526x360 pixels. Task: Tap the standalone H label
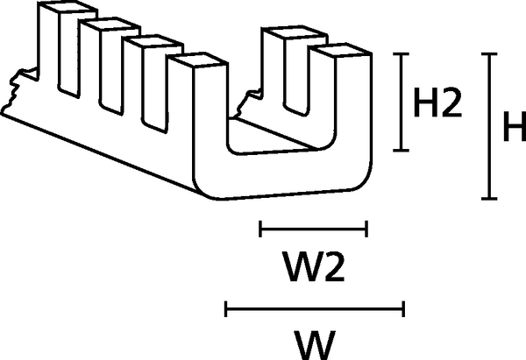(514, 129)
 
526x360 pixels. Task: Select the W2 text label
(313, 267)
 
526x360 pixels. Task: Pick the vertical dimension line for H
(489, 127)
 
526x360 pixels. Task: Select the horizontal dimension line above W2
(313, 230)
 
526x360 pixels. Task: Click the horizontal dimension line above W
(314, 307)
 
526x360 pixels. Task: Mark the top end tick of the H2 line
(402, 54)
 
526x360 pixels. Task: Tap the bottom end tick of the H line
(489, 201)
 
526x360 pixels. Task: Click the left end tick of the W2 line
(261, 230)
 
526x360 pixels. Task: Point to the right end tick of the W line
(402, 307)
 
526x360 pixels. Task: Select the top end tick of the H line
(489, 54)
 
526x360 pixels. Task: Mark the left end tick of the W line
(226, 307)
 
